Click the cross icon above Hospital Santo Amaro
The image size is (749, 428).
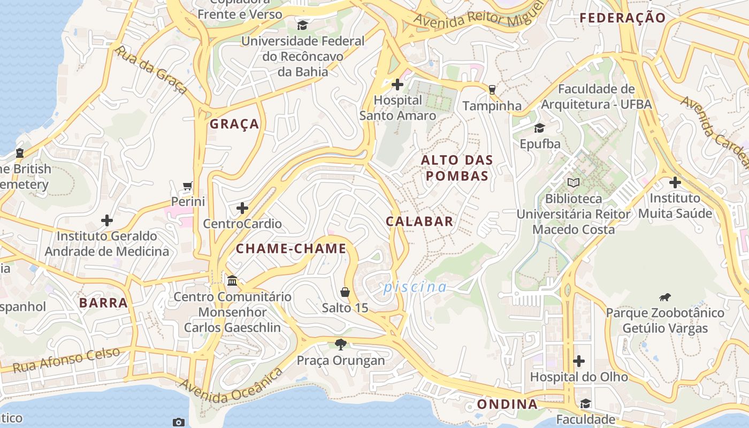coord(398,85)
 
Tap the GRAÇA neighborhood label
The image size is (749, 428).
coord(234,124)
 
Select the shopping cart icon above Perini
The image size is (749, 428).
coord(188,186)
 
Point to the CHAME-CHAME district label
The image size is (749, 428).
coord(291,249)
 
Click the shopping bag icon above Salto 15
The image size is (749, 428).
coord(345,292)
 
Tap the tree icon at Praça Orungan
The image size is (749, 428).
coord(340,344)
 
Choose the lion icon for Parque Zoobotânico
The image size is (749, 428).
coord(665,297)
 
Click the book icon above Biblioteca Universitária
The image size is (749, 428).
coord(574,183)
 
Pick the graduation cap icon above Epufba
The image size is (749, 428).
coord(539,128)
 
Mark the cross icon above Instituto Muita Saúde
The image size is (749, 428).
coord(675,182)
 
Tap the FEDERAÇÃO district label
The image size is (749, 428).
coord(623,18)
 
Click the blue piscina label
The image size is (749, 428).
coord(415,287)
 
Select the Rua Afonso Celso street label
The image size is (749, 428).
coord(66,360)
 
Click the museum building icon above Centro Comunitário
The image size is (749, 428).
coord(232,280)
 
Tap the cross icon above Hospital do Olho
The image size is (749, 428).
coord(579,361)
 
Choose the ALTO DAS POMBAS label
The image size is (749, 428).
coord(456,167)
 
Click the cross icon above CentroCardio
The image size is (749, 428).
coord(242,208)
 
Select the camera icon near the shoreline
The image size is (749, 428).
coord(179,422)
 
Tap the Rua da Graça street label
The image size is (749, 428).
coord(151,70)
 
